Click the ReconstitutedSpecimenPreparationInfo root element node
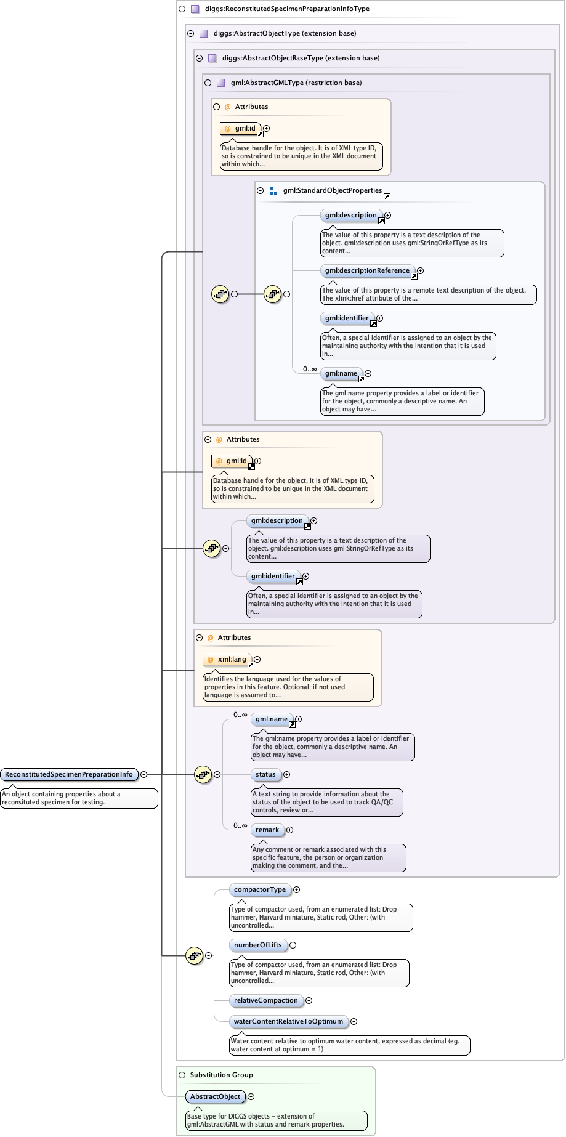[69, 774]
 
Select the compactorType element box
[259, 889]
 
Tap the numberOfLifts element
[257, 945]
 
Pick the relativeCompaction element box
[265, 1000]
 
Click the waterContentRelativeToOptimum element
[288, 1021]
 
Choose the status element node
[265, 774]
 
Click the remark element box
[267, 830]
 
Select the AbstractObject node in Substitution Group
[215, 1096]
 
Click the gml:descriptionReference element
[367, 270]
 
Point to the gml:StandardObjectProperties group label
[333, 190]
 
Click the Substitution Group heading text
[221, 1075]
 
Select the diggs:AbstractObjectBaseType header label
[301, 58]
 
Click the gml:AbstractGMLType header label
[296, 83]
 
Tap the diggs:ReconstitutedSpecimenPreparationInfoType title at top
[287, 9]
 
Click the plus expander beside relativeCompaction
[309, 1000]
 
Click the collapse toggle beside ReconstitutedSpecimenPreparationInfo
[144, 774]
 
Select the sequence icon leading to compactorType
[194, 955]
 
